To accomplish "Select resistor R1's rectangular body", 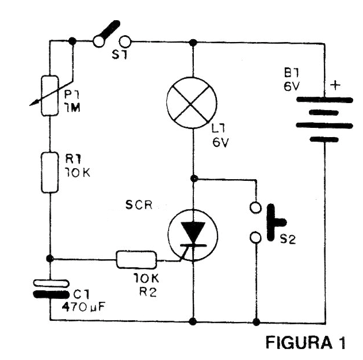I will [50, 172].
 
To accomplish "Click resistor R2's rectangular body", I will [136, 259].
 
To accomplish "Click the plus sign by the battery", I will [335, 84].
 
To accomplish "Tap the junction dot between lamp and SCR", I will [194, 178].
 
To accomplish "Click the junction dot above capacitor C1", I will [50, 258].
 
